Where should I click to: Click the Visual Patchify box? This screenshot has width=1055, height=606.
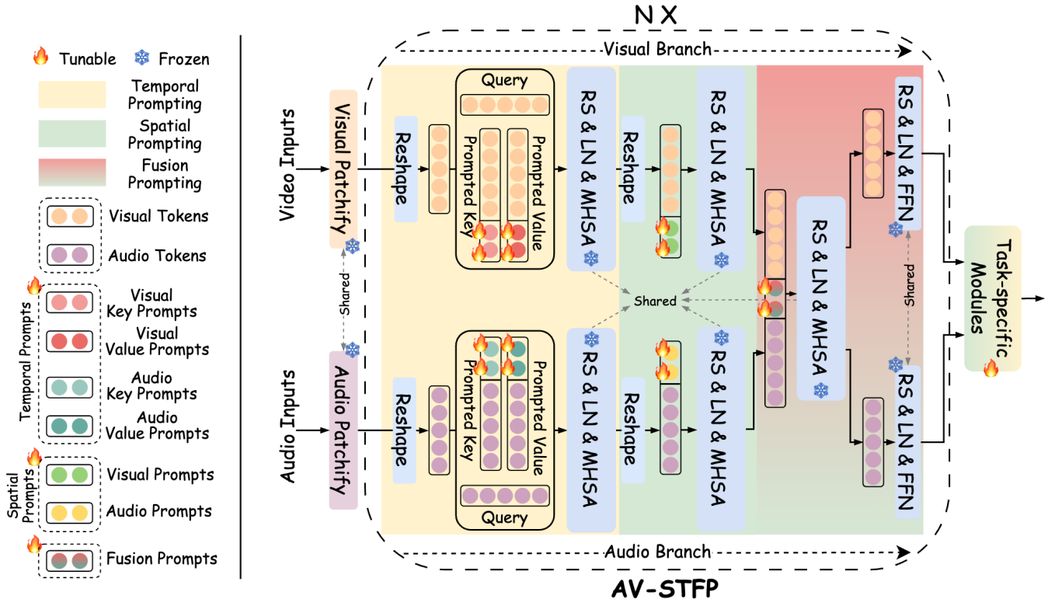coord(343,168)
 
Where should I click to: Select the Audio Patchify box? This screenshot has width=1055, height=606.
coord(343,430)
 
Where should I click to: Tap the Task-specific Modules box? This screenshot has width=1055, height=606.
coord(992,298)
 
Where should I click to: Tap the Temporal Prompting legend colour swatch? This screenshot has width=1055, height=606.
coord(71,96)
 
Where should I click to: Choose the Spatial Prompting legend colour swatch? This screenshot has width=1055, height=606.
coord(71,134)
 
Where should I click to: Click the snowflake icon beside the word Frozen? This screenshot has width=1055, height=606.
coord(143,58)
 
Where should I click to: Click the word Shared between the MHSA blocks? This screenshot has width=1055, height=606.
coord(654,301)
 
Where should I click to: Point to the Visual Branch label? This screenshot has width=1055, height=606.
coord(656,49)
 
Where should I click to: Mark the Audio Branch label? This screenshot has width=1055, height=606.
coord(657,552)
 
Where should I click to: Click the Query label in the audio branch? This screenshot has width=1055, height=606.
coord(504,517)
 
